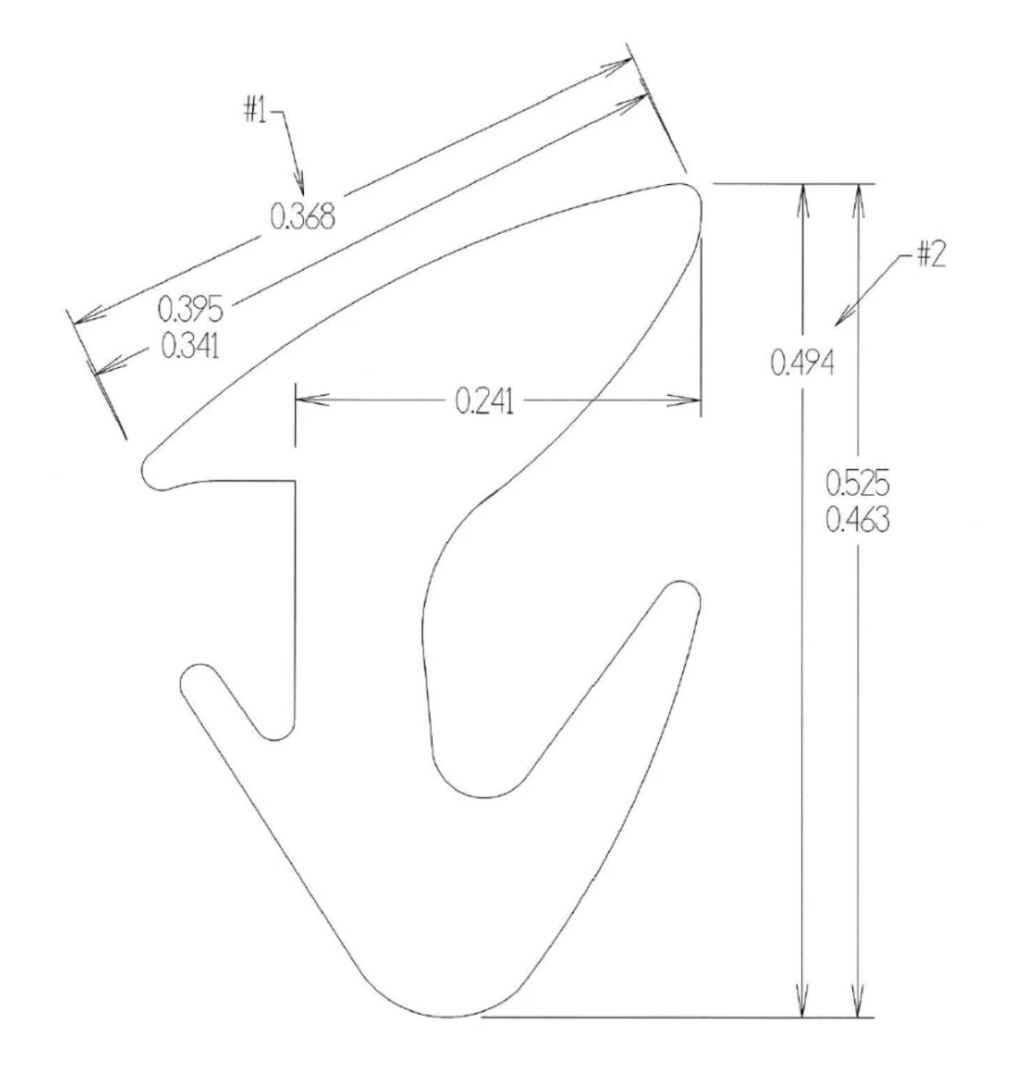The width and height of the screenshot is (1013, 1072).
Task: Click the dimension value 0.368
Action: point(302,216)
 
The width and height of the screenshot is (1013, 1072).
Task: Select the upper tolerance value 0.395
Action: point(190,309)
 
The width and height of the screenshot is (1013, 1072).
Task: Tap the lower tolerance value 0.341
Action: point(190,346)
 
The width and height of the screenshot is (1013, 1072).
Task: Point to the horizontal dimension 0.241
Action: point(485,402)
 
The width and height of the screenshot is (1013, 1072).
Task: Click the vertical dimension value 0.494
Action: point(802,362)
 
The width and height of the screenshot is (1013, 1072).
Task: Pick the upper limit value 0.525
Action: point(857,483)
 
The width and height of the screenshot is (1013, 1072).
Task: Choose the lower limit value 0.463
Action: point(857,520)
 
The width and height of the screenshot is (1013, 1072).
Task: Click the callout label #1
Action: point(256,111)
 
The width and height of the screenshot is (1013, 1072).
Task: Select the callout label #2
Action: point(932,255)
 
